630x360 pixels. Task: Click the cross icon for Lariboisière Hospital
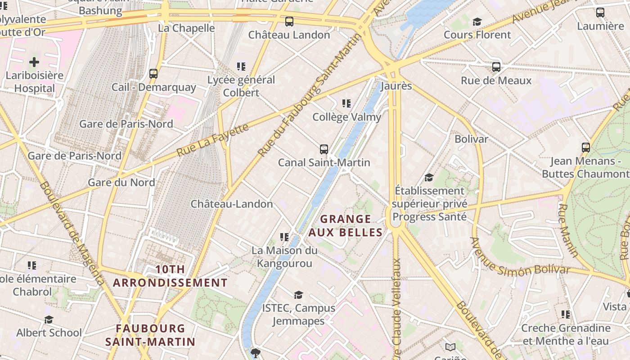(x=34, y=62)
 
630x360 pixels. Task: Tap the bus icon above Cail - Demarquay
(x=153, y=73)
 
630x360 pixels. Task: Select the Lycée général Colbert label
(x=241, y=86)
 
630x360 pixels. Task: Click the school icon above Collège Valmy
(x=346, y=103)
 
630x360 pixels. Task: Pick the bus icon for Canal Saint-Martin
(x=324, y=149)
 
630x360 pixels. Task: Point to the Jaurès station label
(x=396, y=85)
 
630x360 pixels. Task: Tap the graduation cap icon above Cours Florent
(x=477, y=22)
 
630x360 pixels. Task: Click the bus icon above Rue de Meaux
(x=496, y=67)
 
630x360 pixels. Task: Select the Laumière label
(x=600, y=26)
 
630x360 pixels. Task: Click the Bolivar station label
(x=471, y=139)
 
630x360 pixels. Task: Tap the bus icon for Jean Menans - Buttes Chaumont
(x=585, y=147)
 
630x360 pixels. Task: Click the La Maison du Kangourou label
(x=284, y=256)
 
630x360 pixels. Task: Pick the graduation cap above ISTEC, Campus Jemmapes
(x=298, y=295)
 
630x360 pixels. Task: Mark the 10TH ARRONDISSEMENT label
(x=170, y=276)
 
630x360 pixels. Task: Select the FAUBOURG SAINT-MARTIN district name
(x=150, y=335)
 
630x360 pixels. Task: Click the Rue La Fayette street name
(x=212, y=140)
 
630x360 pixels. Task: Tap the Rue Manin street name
(x=568, y=230)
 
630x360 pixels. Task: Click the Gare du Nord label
(x=121, y=182)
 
